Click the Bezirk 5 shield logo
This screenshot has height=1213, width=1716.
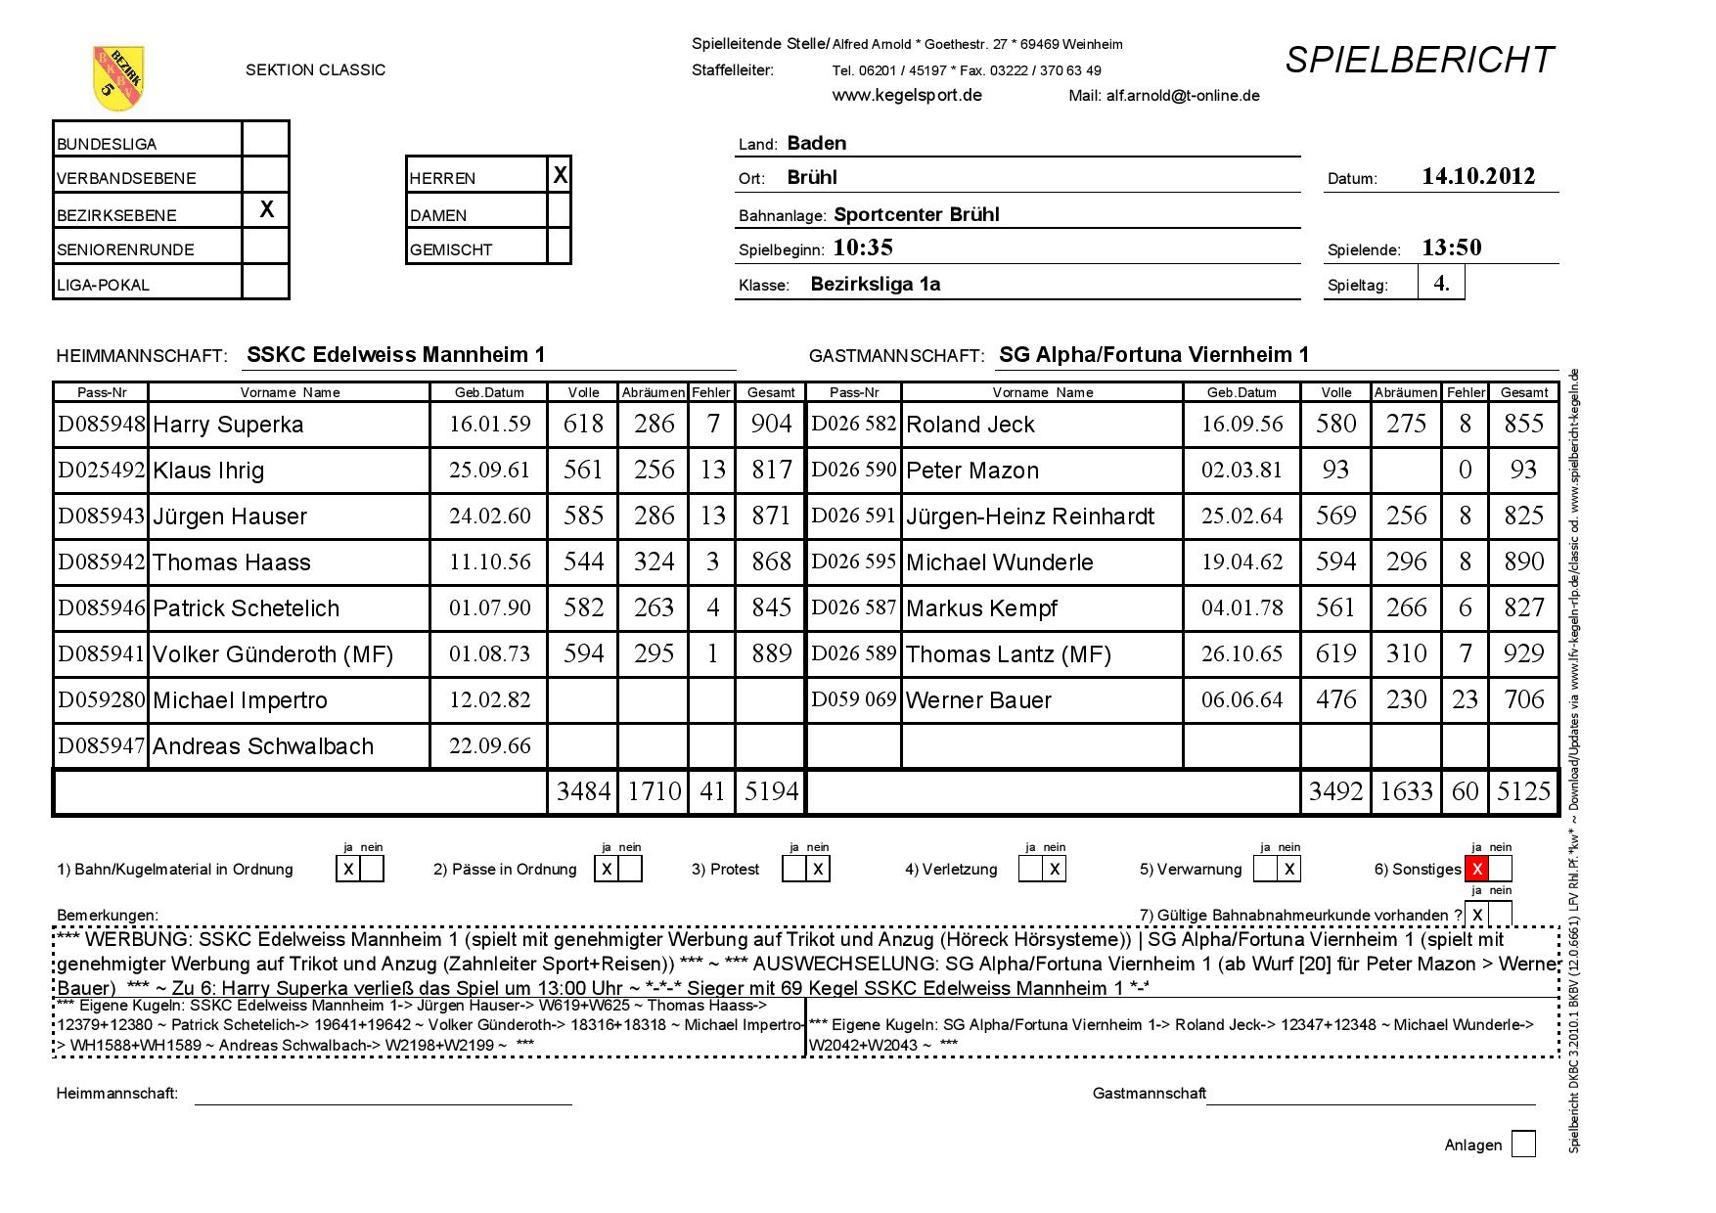click(117, 77)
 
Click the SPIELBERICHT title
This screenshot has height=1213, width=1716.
click(1419, 61)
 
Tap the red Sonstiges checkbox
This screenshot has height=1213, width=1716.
click(1476, 869)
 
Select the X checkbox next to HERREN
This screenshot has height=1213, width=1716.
click(560, 175)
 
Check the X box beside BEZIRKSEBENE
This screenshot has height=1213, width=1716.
click(265, 210)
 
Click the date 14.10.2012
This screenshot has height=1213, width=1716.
click(1478, 177)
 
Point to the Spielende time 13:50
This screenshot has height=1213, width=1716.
click(1452, 247)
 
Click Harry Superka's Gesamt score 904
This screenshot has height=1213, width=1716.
click(771, 424)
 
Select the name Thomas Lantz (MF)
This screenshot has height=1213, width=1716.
click(1009, 654)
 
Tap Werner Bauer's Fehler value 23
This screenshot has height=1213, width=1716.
click(1465, 699)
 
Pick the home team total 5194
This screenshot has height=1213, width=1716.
click(771, 791)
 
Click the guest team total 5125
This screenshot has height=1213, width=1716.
click(1523, 791)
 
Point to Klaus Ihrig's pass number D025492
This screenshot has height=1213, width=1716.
click(101, 470)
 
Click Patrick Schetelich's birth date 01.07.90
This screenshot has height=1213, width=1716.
click(489, 607)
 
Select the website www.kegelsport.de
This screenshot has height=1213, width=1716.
click(907, 95)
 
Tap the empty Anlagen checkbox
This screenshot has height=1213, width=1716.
click(1523, 1144)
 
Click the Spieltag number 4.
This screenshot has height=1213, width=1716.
click(1442, 284)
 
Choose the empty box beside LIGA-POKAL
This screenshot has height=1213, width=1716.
click(265, 283)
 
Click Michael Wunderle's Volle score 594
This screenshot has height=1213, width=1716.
click(1335, 562)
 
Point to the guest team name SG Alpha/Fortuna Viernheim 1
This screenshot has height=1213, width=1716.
click(1153, 355)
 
